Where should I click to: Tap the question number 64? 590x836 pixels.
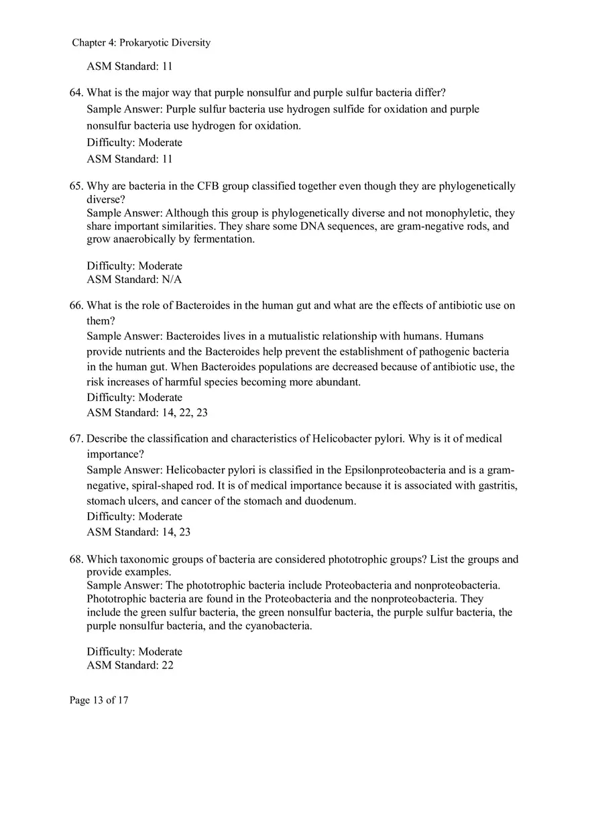coord(76,93)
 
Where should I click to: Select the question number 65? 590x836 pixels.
coord(76,186)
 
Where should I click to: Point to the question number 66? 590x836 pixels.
coord(76,306)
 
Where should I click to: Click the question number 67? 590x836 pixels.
coord(76,439)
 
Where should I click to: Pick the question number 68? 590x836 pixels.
coord(76,560)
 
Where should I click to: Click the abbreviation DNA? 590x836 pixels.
coord(313,226)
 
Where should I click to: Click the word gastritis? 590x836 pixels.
coord(495,485)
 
